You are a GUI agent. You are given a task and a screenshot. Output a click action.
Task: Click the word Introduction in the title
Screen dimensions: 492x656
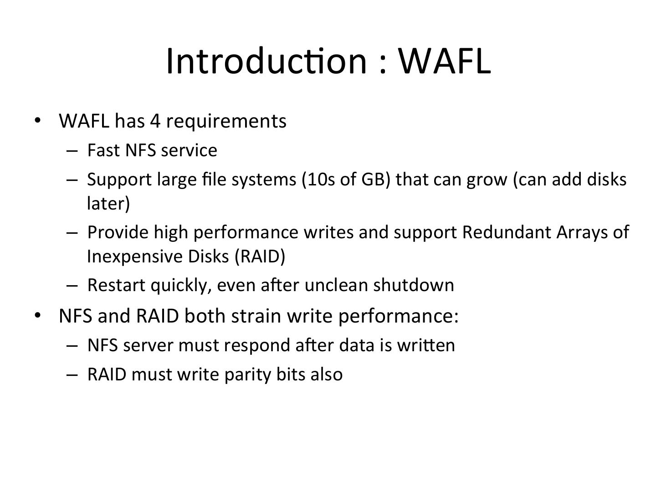click(x=266, y=61)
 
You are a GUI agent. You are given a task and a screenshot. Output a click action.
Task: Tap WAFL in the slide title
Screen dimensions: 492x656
click(x=445, y=61)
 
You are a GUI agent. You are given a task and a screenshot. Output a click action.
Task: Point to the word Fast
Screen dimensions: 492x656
click(x=103, y=150)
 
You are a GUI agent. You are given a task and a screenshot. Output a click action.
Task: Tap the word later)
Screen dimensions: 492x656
click(x=108, y=203)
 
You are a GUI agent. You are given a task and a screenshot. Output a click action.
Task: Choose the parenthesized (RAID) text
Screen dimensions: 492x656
click(x=260, y=256)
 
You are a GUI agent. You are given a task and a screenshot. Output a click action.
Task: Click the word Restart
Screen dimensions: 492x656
click(x=116, y=285)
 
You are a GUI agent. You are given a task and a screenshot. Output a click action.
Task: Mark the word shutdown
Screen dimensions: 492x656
click(x=413, y=285)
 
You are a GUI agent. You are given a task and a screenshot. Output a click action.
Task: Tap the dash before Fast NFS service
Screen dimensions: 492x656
click(x=72, y=151)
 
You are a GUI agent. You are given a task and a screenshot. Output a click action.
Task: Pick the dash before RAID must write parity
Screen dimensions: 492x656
click(x=72, y=374)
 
